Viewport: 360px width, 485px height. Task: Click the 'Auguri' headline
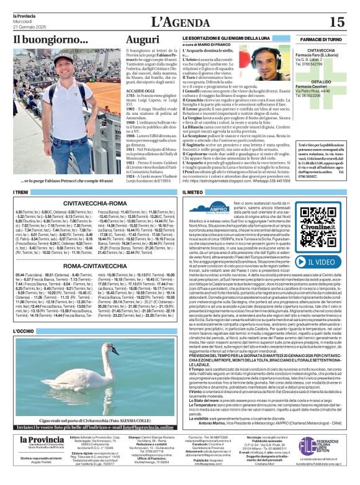pos(143,39)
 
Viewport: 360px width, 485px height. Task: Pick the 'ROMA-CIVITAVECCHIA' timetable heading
pos(93,265)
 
